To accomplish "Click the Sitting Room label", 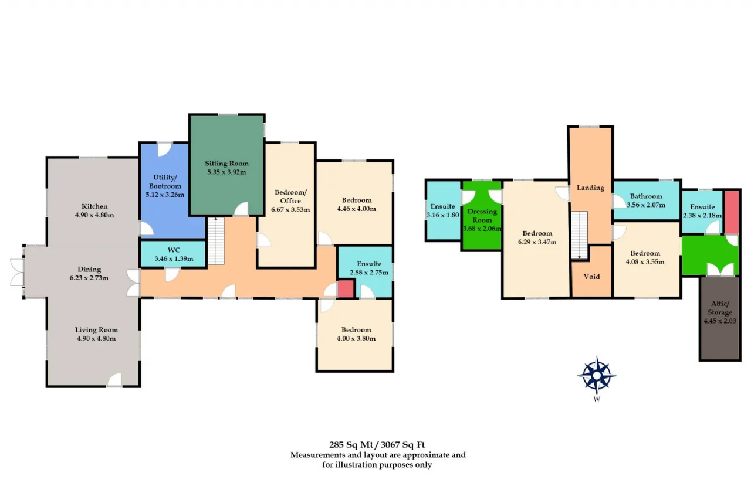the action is [x=226, y=164].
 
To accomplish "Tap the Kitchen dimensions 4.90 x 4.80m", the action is [x=94, y=215].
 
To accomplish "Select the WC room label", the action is [x=174, y=250].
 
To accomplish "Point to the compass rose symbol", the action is [x=597, y=376].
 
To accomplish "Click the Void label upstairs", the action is [x=591, y=277].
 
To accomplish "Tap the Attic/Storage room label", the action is [x=720, y=308].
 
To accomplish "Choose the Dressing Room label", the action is [x=482, y=216].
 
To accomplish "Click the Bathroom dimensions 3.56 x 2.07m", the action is [x=646, y=205].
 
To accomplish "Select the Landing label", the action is [x=590, y=188].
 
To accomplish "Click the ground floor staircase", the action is [x=216, y=241].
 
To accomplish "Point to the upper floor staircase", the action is [x=579, y=235].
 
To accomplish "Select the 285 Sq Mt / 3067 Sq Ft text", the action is [x=377, y=445].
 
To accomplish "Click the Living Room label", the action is [x=96, y=330].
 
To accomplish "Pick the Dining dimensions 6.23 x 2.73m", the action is [x=89, y=278].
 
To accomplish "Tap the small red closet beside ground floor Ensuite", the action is [x=346, y=288].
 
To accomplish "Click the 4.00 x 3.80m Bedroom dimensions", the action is [x=356, y=339].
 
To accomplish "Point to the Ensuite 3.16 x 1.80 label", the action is [x=442, y=210].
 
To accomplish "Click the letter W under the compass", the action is [x=597, y=399].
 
